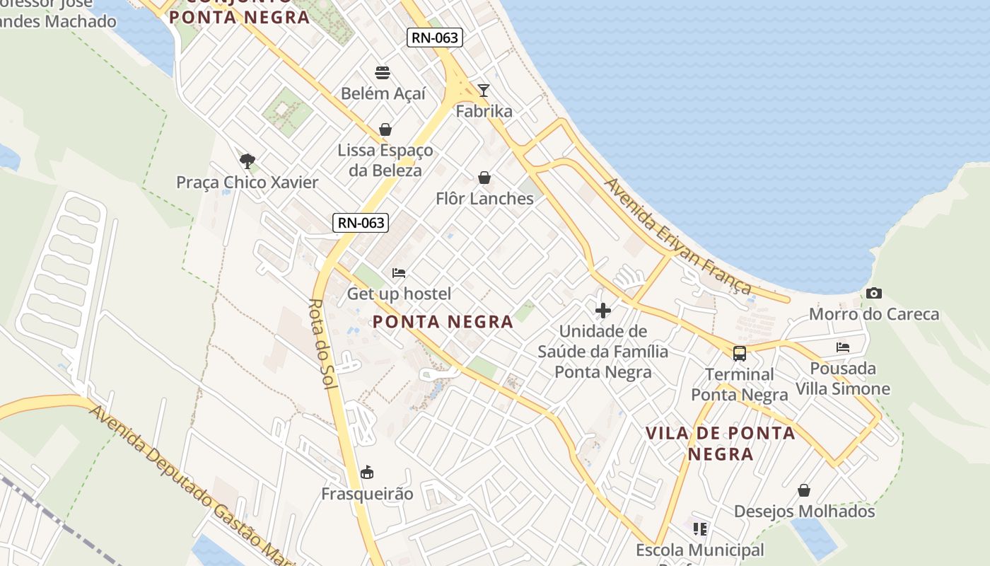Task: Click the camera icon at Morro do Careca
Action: click(873, 293)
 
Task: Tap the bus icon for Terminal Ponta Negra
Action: click(739, 353)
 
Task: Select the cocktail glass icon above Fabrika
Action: click(484, 90)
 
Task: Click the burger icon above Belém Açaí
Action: click(383, 72)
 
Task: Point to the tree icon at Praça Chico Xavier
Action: click(247, 161)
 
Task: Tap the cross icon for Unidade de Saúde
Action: click(603, 310)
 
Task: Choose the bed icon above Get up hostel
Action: click(399, 272)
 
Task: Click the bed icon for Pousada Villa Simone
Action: click(842, 347)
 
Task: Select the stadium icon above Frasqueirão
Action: click(367, 472)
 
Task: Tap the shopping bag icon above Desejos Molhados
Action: click(804, 490)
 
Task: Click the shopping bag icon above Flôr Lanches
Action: click(484, 177)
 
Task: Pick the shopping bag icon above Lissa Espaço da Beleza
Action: click(385, 129)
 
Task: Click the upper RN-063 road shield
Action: click(434, 37)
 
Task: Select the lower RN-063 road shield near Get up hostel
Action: click(361, 223)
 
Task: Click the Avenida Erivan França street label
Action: click(677, 236)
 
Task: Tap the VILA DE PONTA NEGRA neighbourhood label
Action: click(721, 443)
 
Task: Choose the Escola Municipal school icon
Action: click(700, 529)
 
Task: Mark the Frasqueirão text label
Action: click(367, 494)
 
